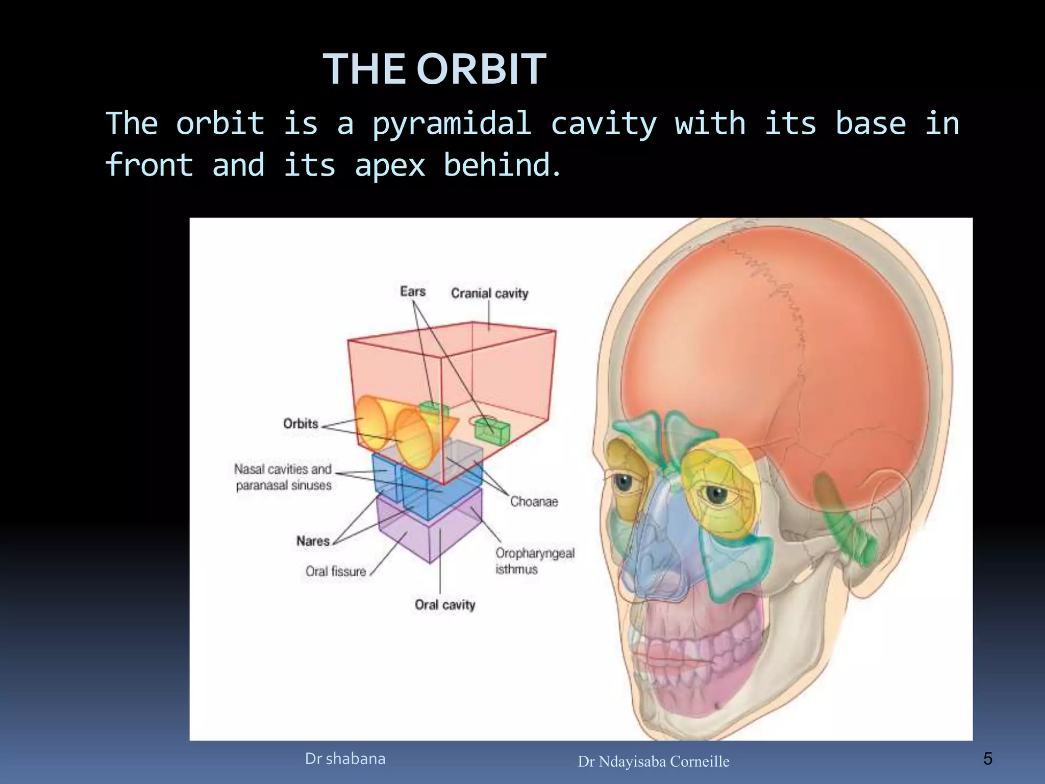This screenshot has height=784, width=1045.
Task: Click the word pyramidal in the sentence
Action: point(452,124)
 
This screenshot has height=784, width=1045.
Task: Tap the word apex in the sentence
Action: point(389,165)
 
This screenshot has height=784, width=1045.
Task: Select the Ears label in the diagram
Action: point(412,291)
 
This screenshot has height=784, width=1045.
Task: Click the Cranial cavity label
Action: point(489,293)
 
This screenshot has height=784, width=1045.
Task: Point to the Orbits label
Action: point(301,424)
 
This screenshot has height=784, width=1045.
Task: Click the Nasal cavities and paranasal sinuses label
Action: point(284,477)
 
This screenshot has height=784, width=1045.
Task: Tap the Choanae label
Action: point(534,502)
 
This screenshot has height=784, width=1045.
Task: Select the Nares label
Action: point(313,541)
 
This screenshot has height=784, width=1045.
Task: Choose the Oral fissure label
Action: point(336,571)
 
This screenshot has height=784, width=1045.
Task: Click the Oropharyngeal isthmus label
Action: point(534,560)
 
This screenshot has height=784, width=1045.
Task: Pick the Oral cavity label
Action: point(444,605)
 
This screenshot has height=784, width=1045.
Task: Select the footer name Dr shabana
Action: point(345,759)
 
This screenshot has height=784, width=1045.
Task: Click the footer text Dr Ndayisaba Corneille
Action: point(653,762)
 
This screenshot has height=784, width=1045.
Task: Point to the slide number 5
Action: point(987,759)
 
